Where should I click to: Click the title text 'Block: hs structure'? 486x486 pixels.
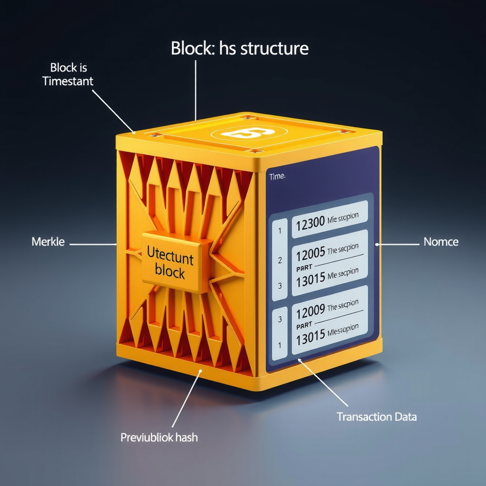coord(240,48)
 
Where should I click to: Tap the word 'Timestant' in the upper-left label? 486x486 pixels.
coord(68,81)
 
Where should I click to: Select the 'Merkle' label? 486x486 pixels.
coord(48,242)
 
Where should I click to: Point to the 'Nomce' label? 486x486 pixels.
coord(441,242)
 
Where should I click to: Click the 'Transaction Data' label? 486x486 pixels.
coord(377,417)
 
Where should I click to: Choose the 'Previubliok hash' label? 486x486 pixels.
coord(159,438)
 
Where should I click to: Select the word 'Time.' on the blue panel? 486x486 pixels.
coord(277,177)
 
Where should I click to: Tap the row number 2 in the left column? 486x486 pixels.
coord(280,260)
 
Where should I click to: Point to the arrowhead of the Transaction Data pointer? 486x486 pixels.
coord(299,361)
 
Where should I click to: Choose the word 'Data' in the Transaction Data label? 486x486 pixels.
coord(405,417)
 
